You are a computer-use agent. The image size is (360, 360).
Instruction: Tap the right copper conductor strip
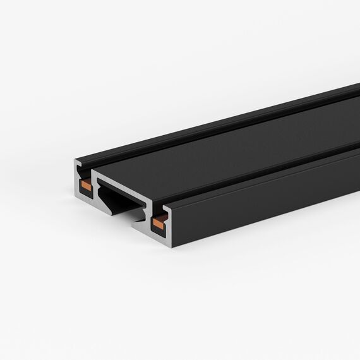click(160, 222)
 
